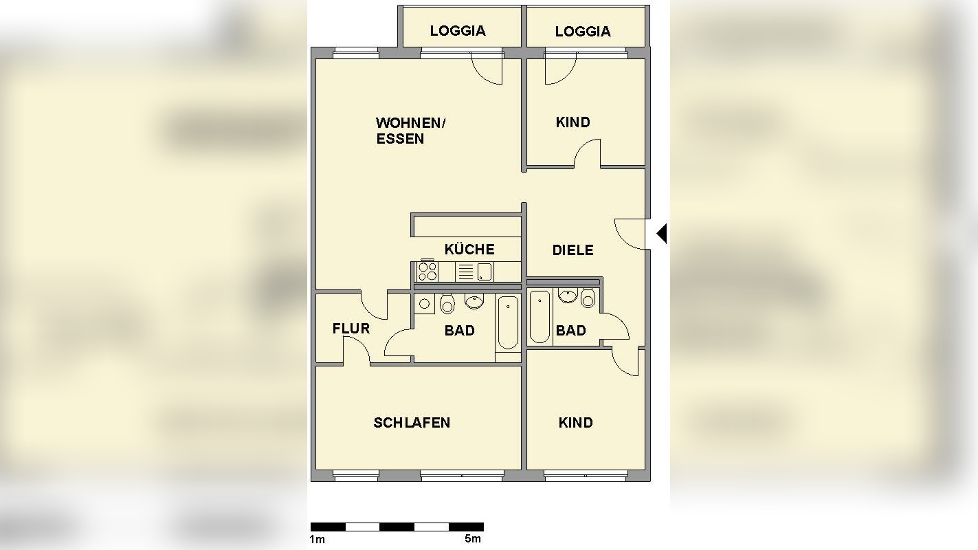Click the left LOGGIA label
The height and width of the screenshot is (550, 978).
[458, 31]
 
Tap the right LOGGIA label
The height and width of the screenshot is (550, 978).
[582, 32]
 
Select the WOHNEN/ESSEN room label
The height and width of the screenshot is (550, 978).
[410, 131]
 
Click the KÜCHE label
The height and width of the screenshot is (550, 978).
[469, 249]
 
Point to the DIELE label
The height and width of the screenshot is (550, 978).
[573, 250]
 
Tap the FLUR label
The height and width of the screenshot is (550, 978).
[351, 329]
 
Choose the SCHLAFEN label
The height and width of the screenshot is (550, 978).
[412, 423]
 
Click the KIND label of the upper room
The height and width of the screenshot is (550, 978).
[573, 122]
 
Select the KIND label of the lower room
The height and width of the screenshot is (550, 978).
[575, 423]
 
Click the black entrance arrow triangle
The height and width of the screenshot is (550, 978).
[662, 234]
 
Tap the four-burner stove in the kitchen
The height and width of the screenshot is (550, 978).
[427, 272]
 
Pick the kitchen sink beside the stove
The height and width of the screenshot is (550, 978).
[485, 272]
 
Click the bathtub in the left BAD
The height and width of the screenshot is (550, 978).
[508, 322]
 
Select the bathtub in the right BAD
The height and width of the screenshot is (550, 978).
[540, 317]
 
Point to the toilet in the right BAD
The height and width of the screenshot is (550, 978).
[588, 298]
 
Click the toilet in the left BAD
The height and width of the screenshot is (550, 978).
[447, 303]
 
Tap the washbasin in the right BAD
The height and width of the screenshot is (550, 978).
[568, 296]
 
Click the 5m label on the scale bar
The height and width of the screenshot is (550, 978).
[472, 539]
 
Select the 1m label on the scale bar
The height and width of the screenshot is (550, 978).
[317, 539]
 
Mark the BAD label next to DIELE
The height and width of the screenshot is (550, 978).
[570, 331]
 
